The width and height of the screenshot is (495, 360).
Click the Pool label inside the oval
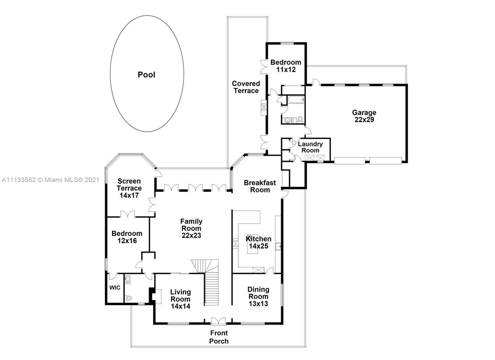[146, 75]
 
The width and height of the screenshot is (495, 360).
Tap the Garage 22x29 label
[364, 116]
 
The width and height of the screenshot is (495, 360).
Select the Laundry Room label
[310, 147]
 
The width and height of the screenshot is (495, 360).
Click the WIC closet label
[114, 288]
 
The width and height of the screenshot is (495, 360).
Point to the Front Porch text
[219, 337]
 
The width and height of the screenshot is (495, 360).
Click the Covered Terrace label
[246, 87]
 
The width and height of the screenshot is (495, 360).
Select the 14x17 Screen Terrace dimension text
[129, 195]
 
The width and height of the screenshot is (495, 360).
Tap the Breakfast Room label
[260, 186]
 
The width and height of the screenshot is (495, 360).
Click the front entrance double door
[218, 321]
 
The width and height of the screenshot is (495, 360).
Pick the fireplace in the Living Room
[156, 296]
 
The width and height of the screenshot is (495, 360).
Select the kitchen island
[252, 245]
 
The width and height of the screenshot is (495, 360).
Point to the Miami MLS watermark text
[50, 180]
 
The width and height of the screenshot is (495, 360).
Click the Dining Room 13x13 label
[258, 297]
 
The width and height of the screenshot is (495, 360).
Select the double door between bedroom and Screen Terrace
[127, 214]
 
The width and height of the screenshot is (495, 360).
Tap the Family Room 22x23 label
[191, 228]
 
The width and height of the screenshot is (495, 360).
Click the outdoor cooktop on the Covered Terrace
[264, 107]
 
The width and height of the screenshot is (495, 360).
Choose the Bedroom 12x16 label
[127, 237]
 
